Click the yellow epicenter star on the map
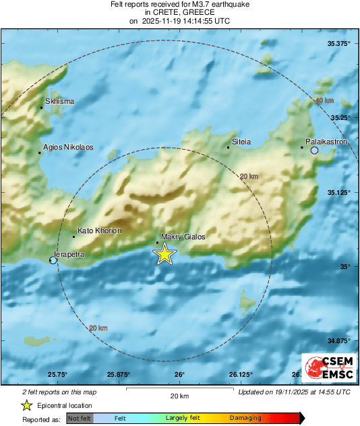(x=164, y=254)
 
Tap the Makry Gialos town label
(x=183, y=237)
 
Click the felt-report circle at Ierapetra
(x=54, y=260)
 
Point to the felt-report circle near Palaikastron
(x=315, y=150)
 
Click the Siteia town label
(x=241, y=142)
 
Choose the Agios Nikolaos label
(x=68, y=147)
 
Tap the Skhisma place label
(x=59, y=102)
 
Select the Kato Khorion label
(x=99, y=231)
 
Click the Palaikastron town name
(x=326, y=142)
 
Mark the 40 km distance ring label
(x=325, y=101)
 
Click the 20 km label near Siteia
(x=249, y=177)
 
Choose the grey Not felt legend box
(x=80, y=419)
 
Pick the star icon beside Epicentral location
(x=26, y=406)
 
